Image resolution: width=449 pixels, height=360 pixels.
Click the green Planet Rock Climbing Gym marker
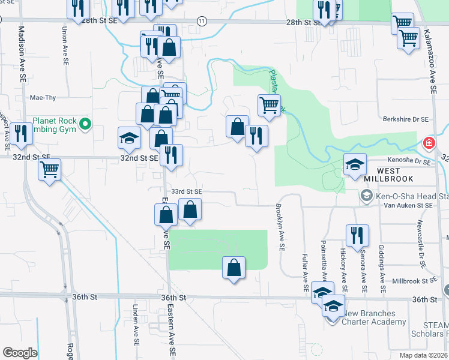(85, 125)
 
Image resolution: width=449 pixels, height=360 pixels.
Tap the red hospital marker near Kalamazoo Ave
(429, 143)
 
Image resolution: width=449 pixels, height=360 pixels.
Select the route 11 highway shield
(201, 20)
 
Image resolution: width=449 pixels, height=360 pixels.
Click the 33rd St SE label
(186, 191)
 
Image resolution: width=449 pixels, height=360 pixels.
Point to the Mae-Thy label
(43, 97)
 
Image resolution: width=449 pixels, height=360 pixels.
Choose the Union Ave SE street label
(64, 44)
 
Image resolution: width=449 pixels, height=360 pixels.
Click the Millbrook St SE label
(413, 281)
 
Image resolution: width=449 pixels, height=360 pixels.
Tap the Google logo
(19, 353)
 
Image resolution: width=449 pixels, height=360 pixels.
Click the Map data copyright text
(423, 355)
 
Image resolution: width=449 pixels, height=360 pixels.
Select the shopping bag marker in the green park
(234, 268)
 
